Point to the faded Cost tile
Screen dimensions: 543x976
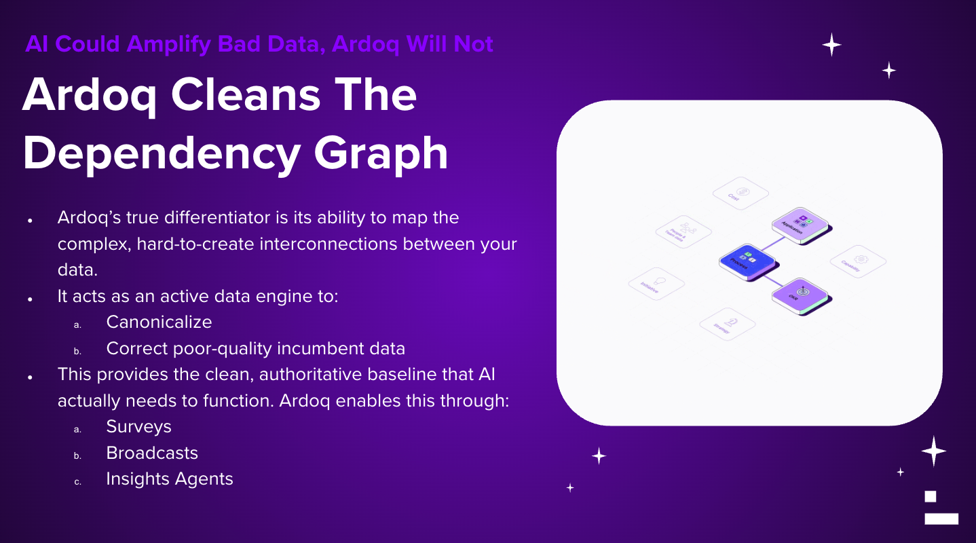click(740, 193)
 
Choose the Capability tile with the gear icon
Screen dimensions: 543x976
click(858, 261)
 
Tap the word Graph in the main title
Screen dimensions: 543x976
click(384, 153)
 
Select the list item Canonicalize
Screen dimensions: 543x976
click(159, 322)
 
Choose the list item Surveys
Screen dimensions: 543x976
click(138, 426)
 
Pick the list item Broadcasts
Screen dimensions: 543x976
click(152, 453)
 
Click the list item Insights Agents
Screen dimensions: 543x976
click(170, 479)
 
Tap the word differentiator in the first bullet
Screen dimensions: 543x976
click(221, 218)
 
